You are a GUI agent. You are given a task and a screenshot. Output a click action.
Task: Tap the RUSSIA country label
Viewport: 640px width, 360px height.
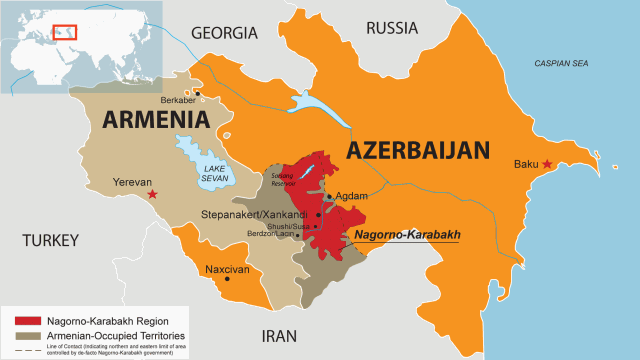point(393,27)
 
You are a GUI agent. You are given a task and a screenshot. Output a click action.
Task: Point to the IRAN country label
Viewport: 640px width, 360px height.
point(281,336)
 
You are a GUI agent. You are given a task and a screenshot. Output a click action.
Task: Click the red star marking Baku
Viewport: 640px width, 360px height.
point(547,164)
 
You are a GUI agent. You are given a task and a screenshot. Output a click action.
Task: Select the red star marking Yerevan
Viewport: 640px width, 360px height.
point(152,193)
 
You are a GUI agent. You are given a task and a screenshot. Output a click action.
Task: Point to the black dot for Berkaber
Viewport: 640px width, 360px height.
point(199,94)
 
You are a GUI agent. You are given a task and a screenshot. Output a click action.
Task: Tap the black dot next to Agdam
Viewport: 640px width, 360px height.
point(329,197)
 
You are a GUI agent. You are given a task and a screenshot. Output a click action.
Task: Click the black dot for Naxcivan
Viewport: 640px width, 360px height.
point(229,279)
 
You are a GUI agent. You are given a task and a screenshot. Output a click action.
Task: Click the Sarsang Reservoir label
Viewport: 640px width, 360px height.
point(284,178)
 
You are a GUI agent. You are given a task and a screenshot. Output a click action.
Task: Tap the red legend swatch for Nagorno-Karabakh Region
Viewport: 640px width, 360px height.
point(24,320)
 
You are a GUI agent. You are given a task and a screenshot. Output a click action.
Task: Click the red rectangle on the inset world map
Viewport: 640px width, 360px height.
point(65,32)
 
